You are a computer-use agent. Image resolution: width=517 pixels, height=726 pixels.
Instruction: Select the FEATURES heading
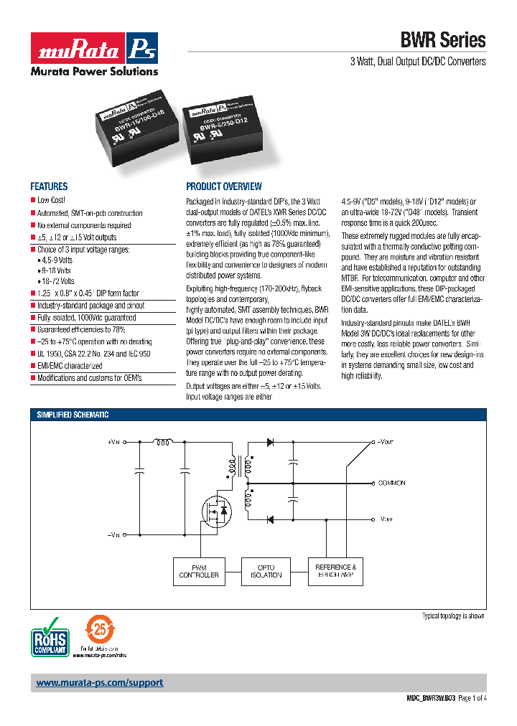click(x=49, y=186)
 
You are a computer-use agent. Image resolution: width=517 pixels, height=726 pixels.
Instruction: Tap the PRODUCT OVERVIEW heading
click(x=223, y=186)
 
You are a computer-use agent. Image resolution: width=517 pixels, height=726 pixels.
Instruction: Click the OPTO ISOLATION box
click(x=266, y=571)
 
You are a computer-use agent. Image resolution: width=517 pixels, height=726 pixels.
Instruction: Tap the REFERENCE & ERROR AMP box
click(x=335, y=571)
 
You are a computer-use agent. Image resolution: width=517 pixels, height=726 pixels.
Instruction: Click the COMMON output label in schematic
click(x=392, y=483)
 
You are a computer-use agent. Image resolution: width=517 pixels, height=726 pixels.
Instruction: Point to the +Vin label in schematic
click(x=113, y=443)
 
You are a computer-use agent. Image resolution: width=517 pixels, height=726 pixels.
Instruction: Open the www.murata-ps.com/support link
click(x=100, y=682)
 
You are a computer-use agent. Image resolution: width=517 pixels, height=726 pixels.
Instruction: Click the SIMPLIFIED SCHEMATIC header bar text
click(x=73, y=415)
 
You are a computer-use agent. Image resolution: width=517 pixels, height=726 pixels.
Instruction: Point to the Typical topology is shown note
click(x=452, y=616)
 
